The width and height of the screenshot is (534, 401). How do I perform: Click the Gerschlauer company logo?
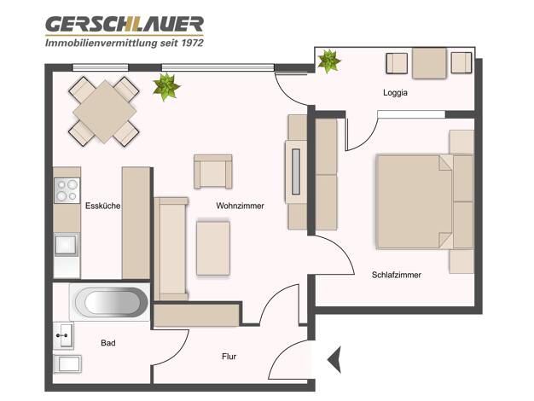(125, 32)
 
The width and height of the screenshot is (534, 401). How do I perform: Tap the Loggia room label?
(395, 93)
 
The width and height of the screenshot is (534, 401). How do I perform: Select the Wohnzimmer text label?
(240, 206)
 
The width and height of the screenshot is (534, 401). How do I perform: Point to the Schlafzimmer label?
(397, 275)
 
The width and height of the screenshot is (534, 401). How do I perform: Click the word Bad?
(108, 343)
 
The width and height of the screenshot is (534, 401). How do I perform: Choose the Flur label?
(229, 357)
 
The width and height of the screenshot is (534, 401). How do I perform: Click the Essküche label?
(102, 206)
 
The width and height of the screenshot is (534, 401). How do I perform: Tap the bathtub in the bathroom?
(110, 302)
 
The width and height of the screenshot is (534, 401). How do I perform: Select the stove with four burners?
(67, 190)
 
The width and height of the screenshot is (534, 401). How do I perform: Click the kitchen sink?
(66, 244)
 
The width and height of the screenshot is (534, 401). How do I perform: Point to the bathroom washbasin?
(63, 335)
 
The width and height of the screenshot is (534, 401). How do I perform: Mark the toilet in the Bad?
(67, 364)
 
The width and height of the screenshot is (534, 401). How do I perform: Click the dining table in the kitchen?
(104, 112)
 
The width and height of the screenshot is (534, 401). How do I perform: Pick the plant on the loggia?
(328, 61)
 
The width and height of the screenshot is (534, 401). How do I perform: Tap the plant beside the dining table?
(165, 87)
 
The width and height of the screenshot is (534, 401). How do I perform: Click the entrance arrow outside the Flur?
(334, 359)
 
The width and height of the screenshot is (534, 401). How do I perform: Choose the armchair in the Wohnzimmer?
(213, 171)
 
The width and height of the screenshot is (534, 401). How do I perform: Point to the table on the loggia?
(429, 63)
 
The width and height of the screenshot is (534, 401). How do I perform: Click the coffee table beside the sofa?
(213, 248)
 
